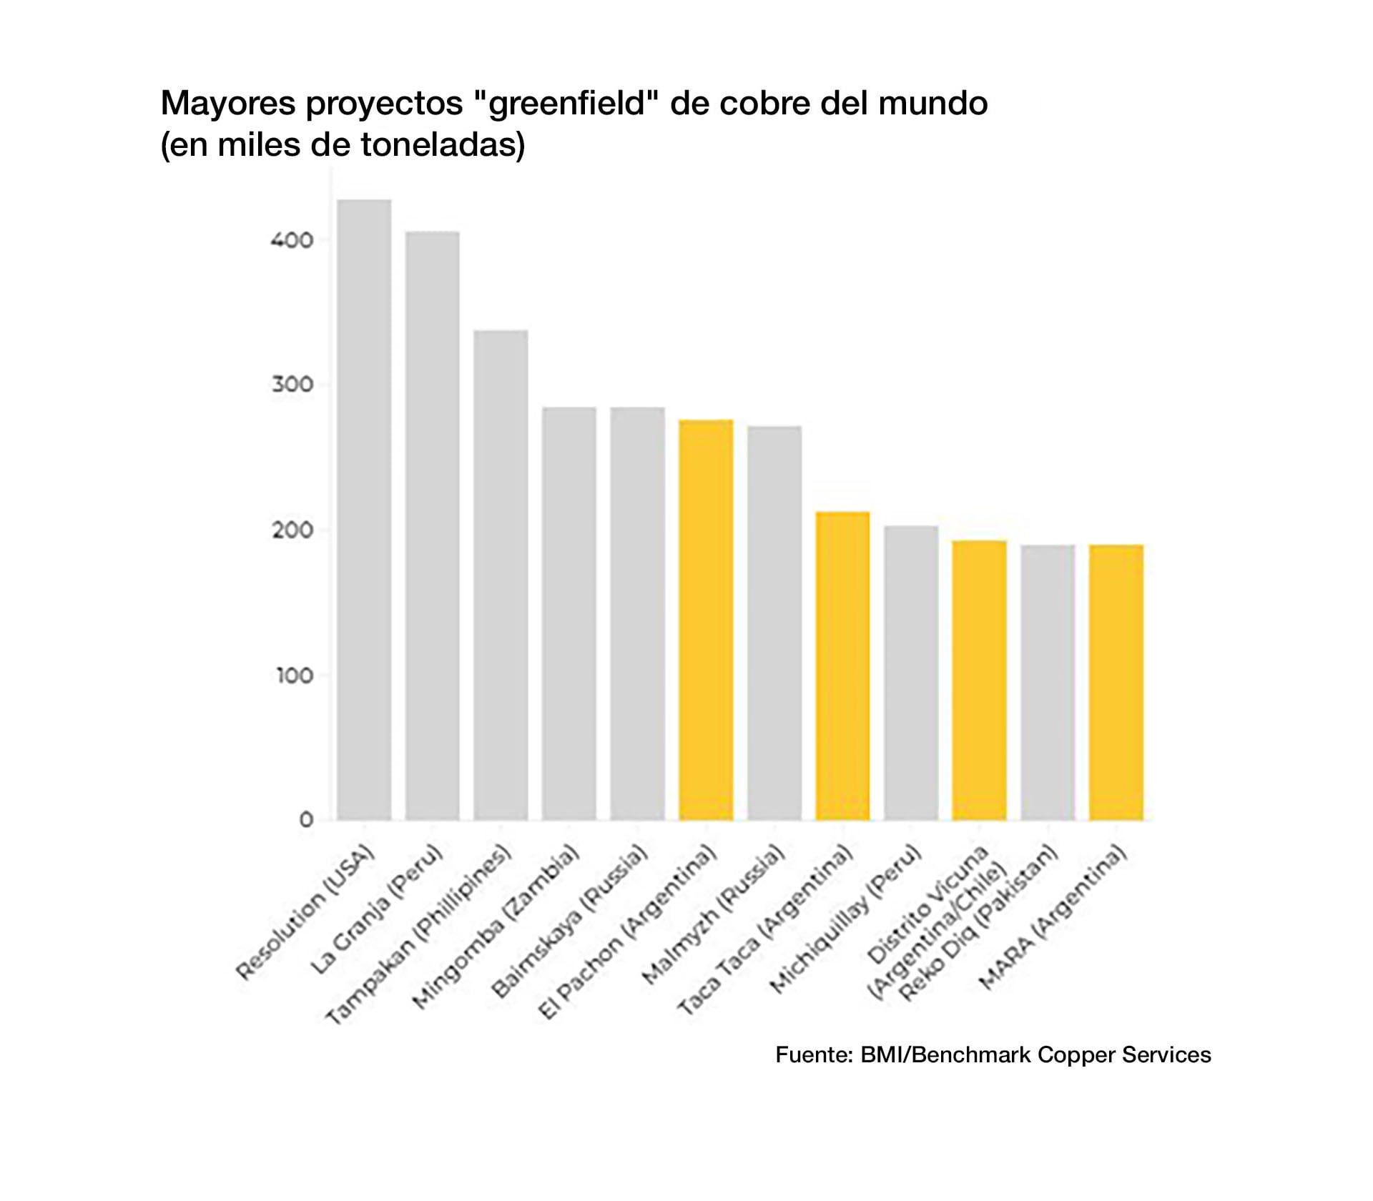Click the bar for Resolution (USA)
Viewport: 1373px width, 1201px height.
tap(364, 509)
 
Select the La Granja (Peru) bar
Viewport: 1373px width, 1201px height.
tap(432, 525)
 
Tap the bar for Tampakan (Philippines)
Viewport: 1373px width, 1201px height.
tap(501, 575)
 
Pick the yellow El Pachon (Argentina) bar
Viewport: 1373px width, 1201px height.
tap(706, 619)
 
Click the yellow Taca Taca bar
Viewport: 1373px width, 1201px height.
tap(842, 666)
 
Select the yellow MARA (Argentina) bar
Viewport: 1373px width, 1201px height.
tap(1116, 682)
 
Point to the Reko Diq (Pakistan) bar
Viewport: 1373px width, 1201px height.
tap(1047, 682)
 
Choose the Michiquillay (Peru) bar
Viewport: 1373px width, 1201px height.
tap(910, 673)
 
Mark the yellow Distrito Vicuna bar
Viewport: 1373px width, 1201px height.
tap(979, 680)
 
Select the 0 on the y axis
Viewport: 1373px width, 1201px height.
tap(306, 820)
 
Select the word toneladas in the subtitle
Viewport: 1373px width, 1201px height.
tap(442, 144)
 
